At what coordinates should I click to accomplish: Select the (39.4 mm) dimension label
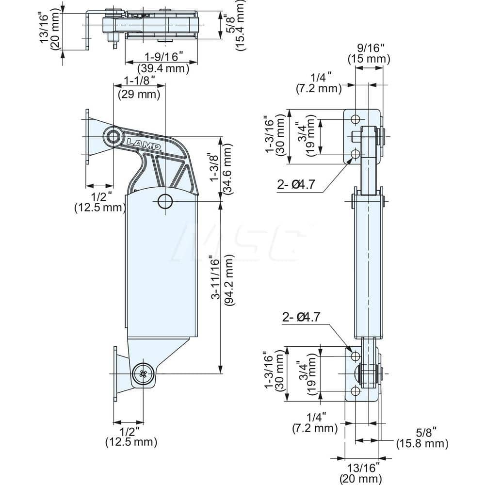tap(163, 69)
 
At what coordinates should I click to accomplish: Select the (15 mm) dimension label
tap(369, 59)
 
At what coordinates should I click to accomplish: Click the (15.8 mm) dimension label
tap(421, 443)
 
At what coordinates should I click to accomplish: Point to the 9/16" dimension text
tap(369, 48)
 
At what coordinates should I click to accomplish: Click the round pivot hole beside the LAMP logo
tap(113, 136)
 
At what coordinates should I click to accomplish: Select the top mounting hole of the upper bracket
tap(356, 119)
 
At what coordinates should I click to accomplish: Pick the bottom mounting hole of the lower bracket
tap(356, 391)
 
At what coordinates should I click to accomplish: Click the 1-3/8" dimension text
tap(214, 168)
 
